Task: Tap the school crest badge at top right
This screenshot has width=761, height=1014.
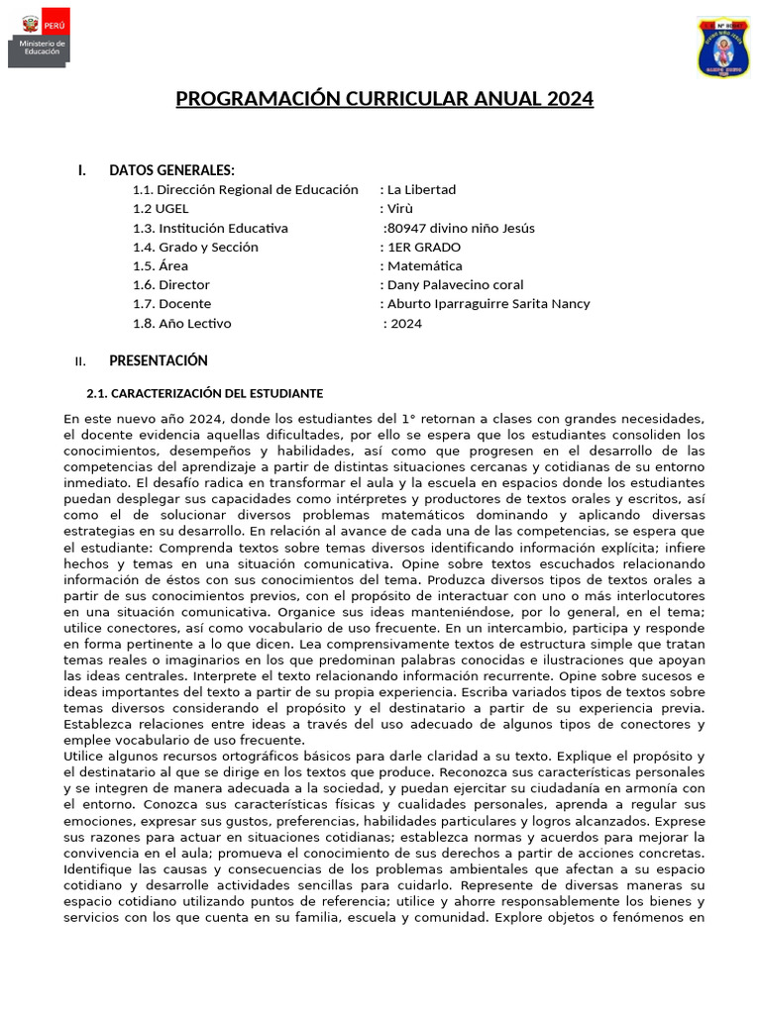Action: [723, 47]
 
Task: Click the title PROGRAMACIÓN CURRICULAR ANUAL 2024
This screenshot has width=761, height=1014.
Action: [384, 99]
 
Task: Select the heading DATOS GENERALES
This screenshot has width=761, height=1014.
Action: [171, 170]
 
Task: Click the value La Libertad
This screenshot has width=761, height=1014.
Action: [421, 190]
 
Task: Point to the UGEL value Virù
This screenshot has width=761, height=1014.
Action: [400, 209]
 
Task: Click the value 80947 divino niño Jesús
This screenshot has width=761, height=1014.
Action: [461, 228]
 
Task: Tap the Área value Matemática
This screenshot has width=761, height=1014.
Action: [424, 266]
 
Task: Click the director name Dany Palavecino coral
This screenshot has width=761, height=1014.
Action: [456, 285]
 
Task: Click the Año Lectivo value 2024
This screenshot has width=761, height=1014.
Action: [405, 324]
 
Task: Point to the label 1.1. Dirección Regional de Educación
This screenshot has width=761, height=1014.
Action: [246, 190]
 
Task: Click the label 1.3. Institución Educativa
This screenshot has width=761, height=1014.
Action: [210, 228]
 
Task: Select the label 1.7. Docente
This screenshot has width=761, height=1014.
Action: [171, 304]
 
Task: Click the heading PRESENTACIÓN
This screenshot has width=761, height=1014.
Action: [159, 360]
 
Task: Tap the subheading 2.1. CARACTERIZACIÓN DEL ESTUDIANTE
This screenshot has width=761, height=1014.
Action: [205, 394]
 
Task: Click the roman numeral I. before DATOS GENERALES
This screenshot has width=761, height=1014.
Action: [82, 170]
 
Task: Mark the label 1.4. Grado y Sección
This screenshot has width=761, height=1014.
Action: [195, 248]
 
